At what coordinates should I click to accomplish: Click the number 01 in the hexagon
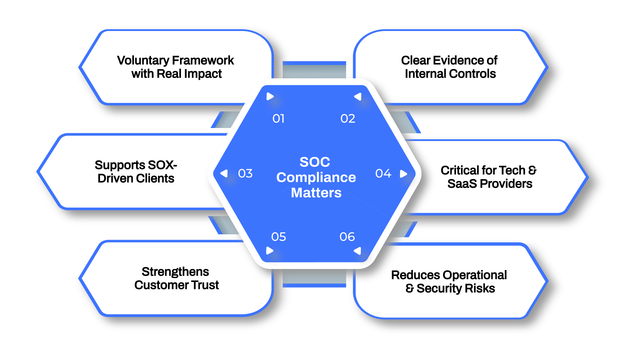pos(278,119)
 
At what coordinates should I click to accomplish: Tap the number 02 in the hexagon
pos(348,119)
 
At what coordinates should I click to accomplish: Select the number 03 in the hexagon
pos(245,173)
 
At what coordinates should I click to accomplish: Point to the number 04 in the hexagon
pos(383,173)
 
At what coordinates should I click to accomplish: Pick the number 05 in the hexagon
pos(278,237)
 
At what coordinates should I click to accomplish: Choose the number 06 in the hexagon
pos(347,237)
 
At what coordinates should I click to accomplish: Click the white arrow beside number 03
pos(224,173)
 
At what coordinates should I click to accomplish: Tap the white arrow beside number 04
pos(403,174)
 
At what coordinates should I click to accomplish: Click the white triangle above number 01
pos(270,97)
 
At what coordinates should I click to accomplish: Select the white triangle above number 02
pos(358,97)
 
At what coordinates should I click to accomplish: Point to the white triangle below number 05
pos(270,251)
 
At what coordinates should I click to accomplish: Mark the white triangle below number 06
pos(358,251)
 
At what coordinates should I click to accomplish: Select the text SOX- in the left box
pos(162,165)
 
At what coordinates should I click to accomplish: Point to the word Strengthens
pos(175,272)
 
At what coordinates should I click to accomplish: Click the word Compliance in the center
pos(316,177)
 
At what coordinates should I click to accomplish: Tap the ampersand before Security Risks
pos(410,288)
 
